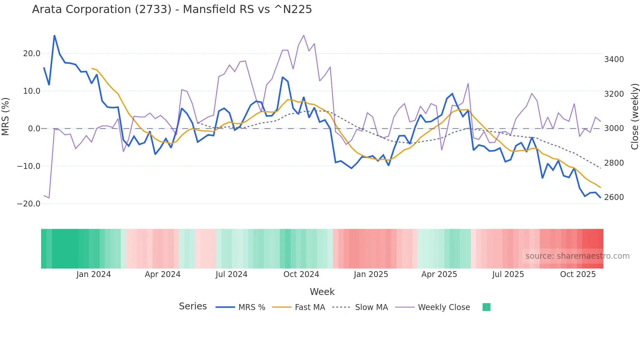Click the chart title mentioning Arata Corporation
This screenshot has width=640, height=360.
172,9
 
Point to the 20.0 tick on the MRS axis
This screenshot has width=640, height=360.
32,54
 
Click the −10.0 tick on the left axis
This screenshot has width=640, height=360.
29,166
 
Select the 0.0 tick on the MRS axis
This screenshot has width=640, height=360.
34,129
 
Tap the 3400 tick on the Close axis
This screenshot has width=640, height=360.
614,59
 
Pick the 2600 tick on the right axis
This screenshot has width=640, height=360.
614,197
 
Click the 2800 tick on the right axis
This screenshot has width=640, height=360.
614,163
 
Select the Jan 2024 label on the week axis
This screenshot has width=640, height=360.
94,274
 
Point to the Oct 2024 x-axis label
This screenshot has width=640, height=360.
301,274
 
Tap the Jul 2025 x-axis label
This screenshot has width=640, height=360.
508,274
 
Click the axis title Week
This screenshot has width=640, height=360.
322,292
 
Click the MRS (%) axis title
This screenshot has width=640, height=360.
6,116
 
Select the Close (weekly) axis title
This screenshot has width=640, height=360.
634,117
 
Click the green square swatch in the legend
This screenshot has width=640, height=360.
486,307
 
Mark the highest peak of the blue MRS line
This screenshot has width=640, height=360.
55,35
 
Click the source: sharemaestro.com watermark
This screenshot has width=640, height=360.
577,256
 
